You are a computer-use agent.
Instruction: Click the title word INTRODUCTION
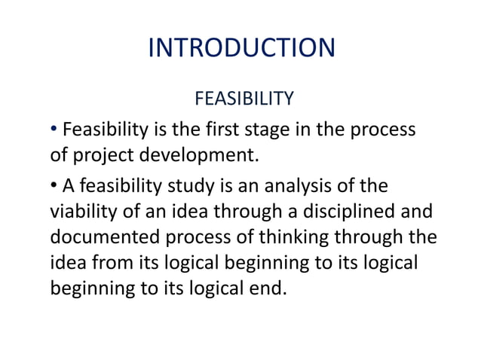click(241, 48)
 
